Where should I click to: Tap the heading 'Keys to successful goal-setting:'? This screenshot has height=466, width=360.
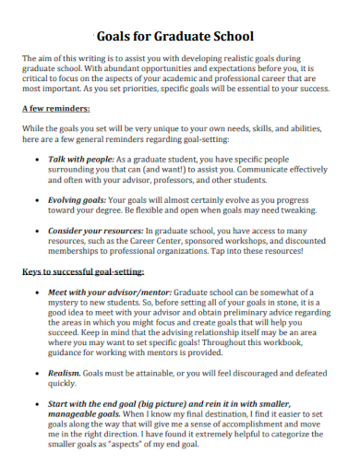click(84, 274)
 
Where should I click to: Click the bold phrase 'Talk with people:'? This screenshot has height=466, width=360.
click(80, 160)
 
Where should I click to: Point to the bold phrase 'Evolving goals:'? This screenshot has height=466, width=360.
click(77, 198)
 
